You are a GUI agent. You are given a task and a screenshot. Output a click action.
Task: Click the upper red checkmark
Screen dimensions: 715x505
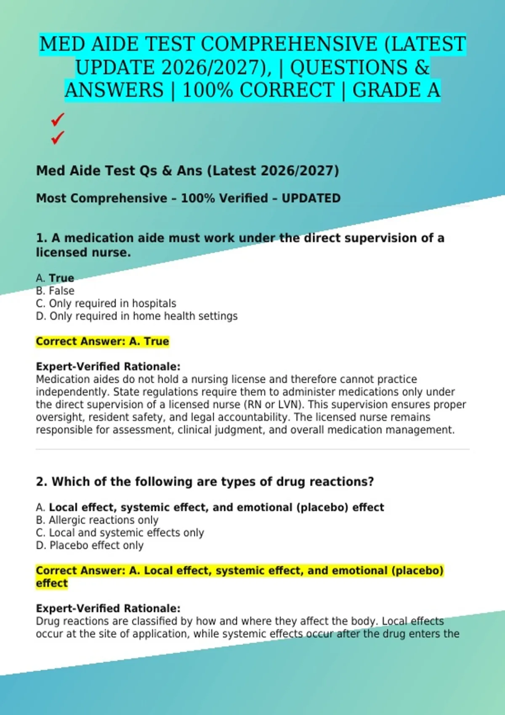[57, 119]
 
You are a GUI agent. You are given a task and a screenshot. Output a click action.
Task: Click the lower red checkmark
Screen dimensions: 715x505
[57, 137]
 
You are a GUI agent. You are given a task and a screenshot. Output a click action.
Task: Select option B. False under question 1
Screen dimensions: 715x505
[55, 291]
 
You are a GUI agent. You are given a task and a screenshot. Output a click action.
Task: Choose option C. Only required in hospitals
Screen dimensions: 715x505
[106, 303]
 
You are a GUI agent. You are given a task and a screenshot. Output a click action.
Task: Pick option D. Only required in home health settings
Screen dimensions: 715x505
[137, 316]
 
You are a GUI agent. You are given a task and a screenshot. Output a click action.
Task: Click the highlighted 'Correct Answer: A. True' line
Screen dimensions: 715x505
[102, 341]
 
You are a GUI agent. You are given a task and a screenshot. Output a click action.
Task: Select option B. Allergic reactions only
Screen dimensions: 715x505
[97, 520]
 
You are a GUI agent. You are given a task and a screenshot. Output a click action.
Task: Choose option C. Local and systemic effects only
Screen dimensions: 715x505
[120, 532]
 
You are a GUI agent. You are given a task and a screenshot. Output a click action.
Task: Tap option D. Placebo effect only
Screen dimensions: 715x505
[90, 545]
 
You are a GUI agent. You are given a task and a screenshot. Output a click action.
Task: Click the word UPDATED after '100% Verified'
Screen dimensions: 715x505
[311, 198]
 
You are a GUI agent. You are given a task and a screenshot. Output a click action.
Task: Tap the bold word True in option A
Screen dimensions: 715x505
[61, 278]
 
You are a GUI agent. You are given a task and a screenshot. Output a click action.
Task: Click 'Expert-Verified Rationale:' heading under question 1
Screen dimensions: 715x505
[108, 366]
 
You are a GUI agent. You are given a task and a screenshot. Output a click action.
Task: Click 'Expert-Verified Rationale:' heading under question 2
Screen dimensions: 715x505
[108, 608]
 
